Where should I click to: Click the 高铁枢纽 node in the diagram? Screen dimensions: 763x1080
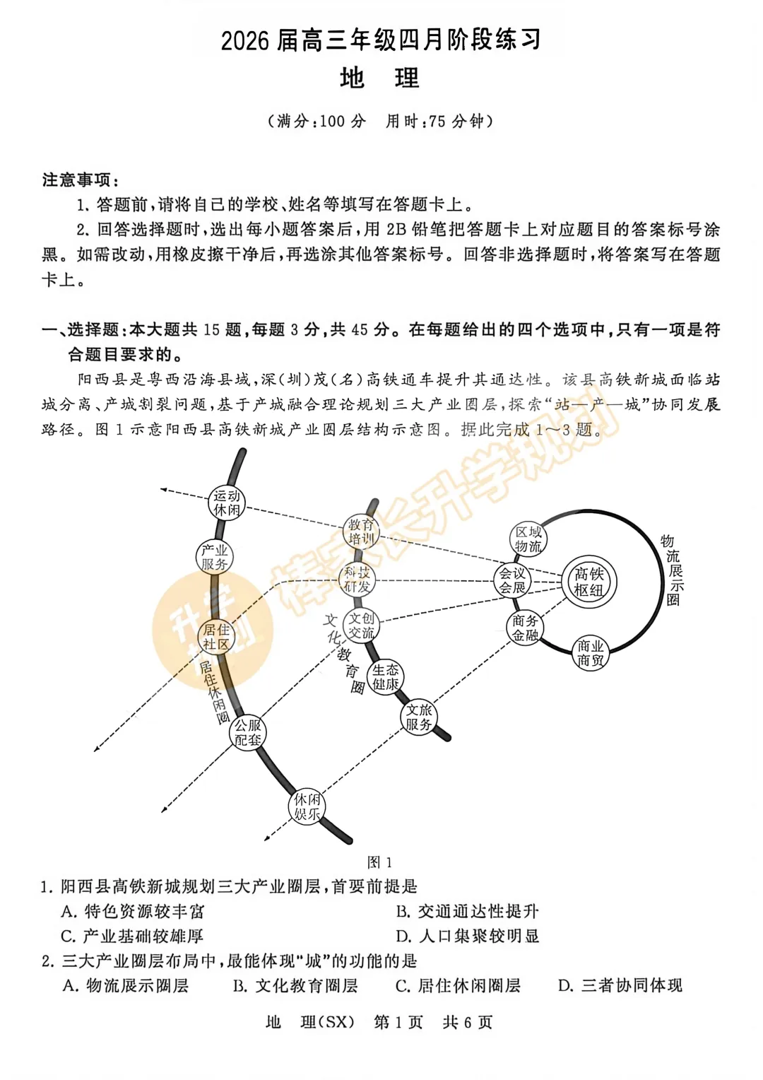point(589,582)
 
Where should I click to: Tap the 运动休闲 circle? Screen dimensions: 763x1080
point(227,503)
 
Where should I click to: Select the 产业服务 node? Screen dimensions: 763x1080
point(214,556)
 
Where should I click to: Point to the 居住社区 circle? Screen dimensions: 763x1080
point(216,637)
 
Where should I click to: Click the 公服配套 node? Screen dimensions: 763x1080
point(248,732)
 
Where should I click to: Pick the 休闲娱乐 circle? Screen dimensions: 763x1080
point(307,806)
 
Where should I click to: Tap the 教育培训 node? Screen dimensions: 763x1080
point(361,532)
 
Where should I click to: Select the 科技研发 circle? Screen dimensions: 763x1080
point(357,580)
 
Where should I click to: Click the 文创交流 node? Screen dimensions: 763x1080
point(361,626)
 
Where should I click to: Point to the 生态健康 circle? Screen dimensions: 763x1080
point(386,676)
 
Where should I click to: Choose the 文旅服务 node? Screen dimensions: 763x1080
point(419,717)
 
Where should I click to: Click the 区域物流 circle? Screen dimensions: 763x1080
point(528,539)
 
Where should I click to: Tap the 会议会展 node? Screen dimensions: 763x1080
point(512,580)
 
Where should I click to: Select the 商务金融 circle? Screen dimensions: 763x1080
point(525,628)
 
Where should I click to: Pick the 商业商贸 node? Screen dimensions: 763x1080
point(590,653)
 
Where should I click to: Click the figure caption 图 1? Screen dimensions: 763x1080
point(379,862)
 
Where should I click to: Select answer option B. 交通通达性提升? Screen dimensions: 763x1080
point(467,911)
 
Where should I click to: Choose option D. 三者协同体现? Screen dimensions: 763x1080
point(620,985)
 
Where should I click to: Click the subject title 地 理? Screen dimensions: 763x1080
point(379,78)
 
